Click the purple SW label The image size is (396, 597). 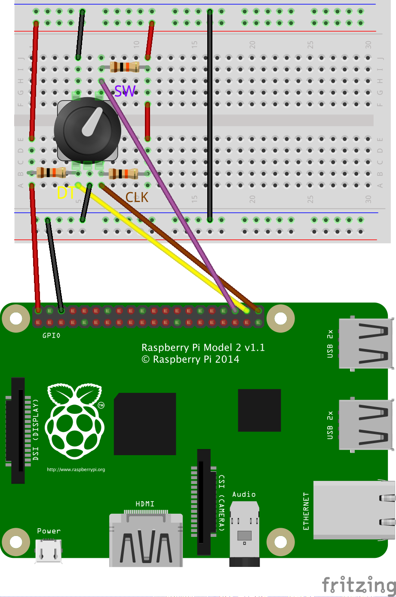pyautogui.click(x=125, y=91)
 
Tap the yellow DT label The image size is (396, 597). pyautogui.click(x=66, y=193)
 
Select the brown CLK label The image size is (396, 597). pyautogui.click(x=137, y=197)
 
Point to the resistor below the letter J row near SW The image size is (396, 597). pyautogui.click(x=124, y=67)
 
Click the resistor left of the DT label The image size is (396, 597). pyautogui.click(x=51, y=173)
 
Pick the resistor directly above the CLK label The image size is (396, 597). pyautogui.click(x=123, y=174)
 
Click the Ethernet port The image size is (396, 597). pyautogui.click(x=353, y=510)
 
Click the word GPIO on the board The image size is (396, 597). pyautogui.click(x=51, y=335)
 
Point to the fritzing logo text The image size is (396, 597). pyautogui.click(x=359, y=585)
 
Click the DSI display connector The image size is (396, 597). pyautogui.click(x=18, y=430)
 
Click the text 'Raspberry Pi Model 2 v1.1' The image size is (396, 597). pyautogui.click(x=203, y=347)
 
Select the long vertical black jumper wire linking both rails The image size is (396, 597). pyautogui.click(x=209, y=116)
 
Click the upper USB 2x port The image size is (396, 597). pyautogui.click(x=365, y=343)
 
